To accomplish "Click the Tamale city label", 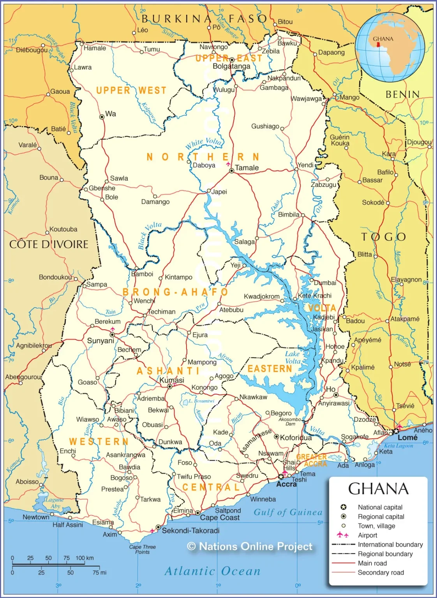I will (247, 168).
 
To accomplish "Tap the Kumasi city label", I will (172, 380).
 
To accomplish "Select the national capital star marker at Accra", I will (281, 477).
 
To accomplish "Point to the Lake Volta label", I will (293, 357).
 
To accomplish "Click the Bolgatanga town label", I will (231, 67).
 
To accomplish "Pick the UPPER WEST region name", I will (131, 90).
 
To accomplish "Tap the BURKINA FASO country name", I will (204, 19).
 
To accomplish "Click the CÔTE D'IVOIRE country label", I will (49, 244).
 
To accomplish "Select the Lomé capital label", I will (407, 438).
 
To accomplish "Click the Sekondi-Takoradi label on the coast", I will (190, 531).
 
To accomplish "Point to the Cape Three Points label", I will (143, 549).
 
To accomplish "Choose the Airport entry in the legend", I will (367, 535).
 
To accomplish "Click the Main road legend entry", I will (372, 563).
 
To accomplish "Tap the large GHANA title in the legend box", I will (378, 489).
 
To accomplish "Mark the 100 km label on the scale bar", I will (85, 558).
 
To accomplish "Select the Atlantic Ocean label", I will (213, 571).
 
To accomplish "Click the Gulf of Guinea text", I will (288, 512).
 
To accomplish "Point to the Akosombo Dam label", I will (290, 422).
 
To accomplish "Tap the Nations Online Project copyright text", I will (250, 547).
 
